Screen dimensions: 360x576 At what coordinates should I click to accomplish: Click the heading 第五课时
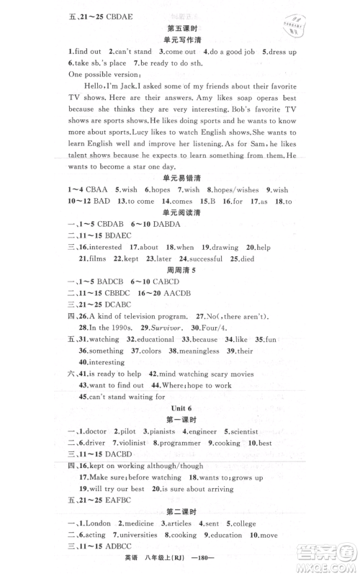(x=180, y=30)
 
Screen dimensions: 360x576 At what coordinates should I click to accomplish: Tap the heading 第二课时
(x=180, y=516)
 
